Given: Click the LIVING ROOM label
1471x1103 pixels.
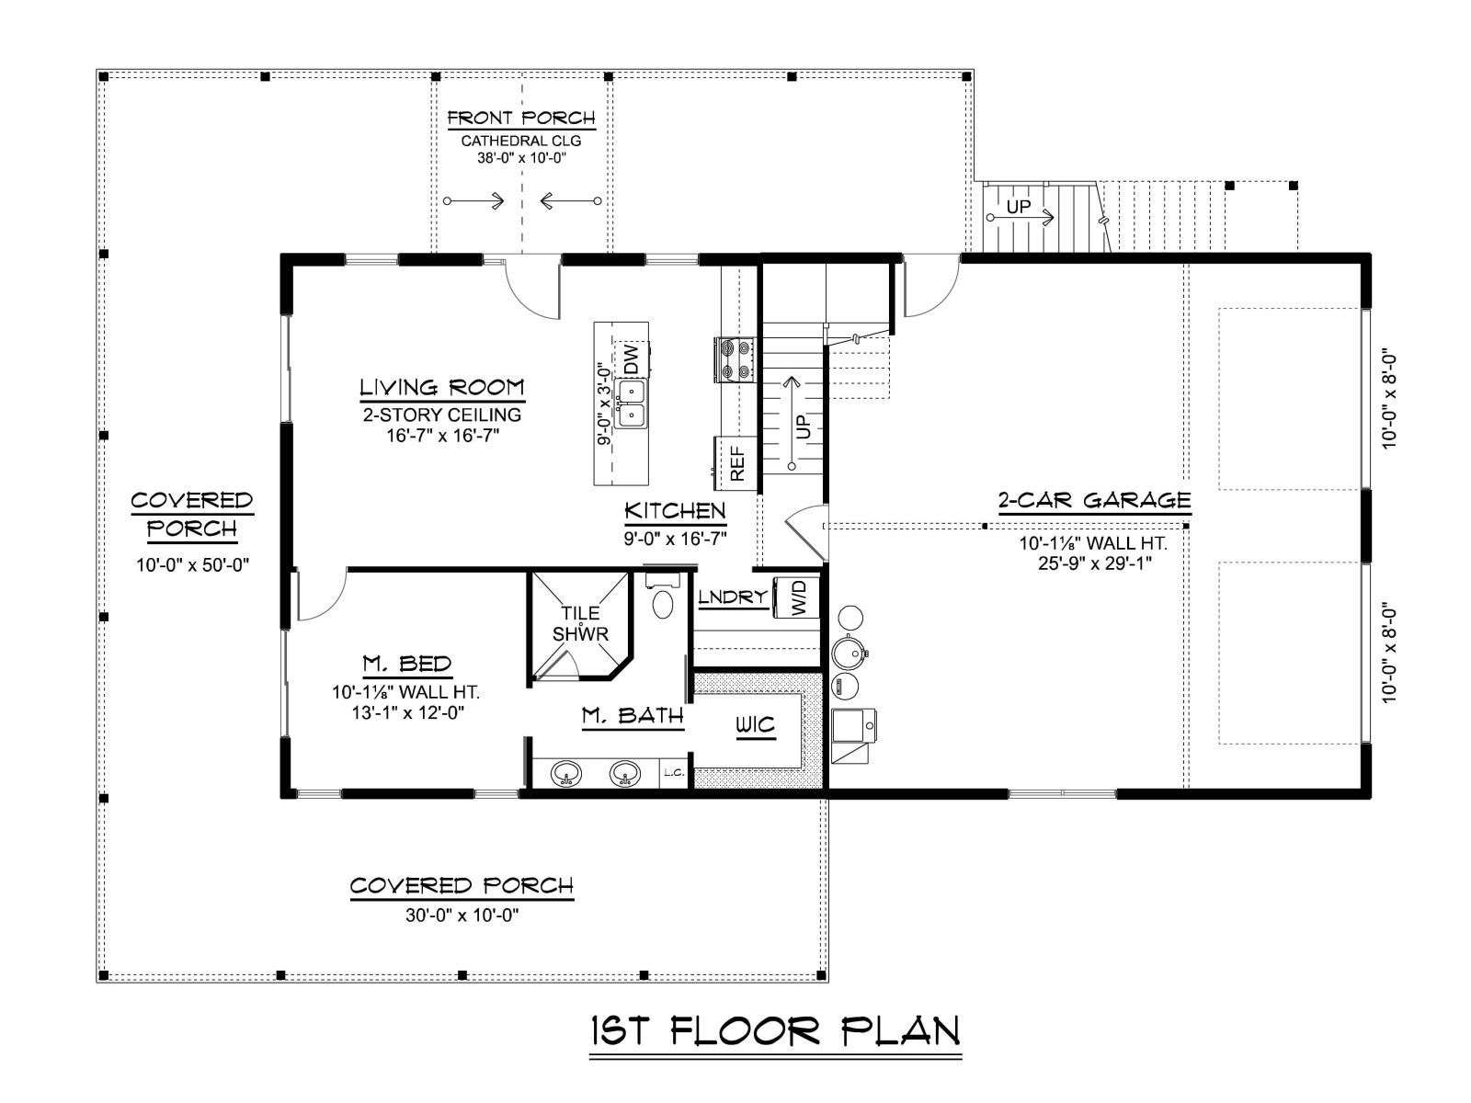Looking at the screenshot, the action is tap(441, 388).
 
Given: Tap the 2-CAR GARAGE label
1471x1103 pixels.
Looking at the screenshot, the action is tap(1094, 500).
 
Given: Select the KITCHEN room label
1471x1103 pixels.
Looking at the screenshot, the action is tap(675, 511).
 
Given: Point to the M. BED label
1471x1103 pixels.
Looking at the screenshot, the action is tap(406, 664).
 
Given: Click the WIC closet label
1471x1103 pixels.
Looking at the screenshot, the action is tap(756, 724).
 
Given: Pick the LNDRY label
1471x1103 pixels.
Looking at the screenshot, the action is tap(733, 597).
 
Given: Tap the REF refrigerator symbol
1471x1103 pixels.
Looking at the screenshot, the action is tap(735, 463).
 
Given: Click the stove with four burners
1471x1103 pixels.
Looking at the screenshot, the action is tap(735, 359).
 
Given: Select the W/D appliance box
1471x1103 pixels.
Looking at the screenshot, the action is tap(797, 597).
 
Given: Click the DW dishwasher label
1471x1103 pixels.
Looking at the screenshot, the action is tap(632, 359).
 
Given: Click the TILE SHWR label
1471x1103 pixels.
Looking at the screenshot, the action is tap(580, 623).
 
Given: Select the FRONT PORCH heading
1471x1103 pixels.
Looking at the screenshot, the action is tap(521, 119).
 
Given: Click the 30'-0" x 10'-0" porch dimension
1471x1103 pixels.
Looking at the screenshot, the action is tap(462, 915).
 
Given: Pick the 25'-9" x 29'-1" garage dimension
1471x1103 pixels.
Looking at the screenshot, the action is tap(1094, 563).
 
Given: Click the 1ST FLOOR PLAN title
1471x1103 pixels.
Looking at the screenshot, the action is tap(775, 1032).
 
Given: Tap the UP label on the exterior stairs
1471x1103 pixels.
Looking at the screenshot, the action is tap(1018, 207).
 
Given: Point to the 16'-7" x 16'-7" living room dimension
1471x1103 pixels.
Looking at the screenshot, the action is tap(442, 436).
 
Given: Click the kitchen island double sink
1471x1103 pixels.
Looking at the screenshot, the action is tap(632, 404).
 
